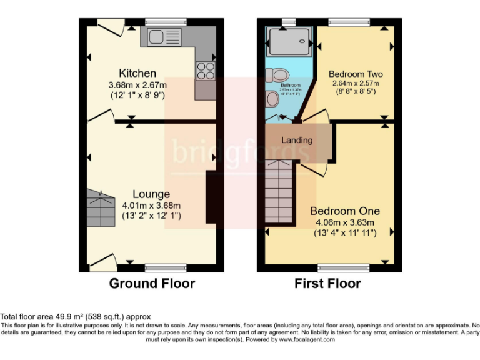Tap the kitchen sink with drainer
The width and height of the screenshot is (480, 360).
pos(164,37)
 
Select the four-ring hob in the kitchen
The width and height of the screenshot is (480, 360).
pos(204,71)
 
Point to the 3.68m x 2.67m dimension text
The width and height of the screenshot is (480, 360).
pos(137,85)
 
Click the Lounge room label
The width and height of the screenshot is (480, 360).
pos(151,194)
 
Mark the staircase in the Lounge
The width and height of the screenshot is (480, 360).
pos(100,208)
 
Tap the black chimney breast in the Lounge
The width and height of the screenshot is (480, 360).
pos(211,196)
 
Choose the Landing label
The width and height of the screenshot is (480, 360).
pos(297,140)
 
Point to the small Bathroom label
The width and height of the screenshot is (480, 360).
pos(290,85)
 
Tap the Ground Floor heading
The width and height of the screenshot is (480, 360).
pos(152,284)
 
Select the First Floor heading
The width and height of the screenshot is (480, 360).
pos(327,284)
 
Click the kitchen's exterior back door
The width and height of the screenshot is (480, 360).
pos(111,27)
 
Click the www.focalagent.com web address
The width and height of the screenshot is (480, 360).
pos(305,340)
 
